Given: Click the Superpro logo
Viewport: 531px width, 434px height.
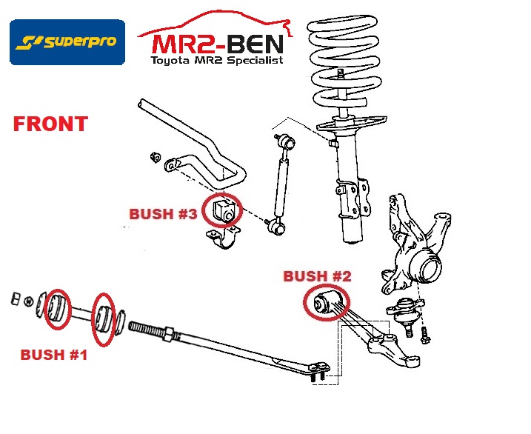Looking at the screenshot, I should pyautogui.click(x=67, y=41).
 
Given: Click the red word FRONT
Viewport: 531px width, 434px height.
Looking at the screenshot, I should pyautogui.click(x=50, y=124).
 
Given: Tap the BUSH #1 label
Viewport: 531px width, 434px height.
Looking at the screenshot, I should pyautogui.click(x=54, y=355).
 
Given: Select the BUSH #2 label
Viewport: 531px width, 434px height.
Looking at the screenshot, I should pyautogui.click(x=317, y=276).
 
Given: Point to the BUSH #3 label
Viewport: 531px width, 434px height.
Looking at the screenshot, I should pyautogui.click(x=163, y=214).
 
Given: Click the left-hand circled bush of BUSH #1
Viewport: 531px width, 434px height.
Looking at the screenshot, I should pyautogui.click(x=56, y=307).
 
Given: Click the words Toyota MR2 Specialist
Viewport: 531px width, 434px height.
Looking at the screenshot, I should pyautogui.click(x=216, y=61).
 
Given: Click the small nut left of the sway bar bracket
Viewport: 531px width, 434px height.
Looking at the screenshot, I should pyautogui.click(x=155, y=157).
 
